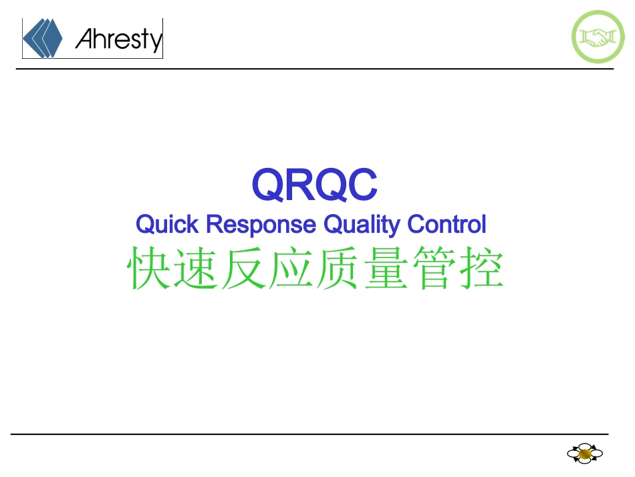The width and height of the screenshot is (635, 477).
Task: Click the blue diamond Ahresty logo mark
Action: [x=42, y=38]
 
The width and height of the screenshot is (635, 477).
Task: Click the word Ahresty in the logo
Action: [x=118, y=39]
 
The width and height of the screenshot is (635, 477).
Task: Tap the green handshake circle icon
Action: [x=598, y=37]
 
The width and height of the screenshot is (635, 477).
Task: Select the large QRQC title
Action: [x=314, y=185]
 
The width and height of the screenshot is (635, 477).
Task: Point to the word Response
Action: [x=261, y=225]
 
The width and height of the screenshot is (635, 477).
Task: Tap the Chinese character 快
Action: [x=150, y=269]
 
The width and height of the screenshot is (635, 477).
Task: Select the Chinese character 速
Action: [x=197, y=269]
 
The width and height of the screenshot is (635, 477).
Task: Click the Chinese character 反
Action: [x=245, y=269]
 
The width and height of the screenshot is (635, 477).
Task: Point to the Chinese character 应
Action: [x=291, y=269]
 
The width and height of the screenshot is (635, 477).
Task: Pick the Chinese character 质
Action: [x=339, y=269]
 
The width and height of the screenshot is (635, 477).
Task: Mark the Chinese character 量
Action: [x=386, y=269]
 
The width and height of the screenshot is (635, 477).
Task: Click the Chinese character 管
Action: [x=434, y=269]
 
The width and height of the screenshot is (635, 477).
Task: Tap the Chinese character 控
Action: [x=481, y=269]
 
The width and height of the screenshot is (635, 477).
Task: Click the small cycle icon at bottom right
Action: [x=585, y=454]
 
